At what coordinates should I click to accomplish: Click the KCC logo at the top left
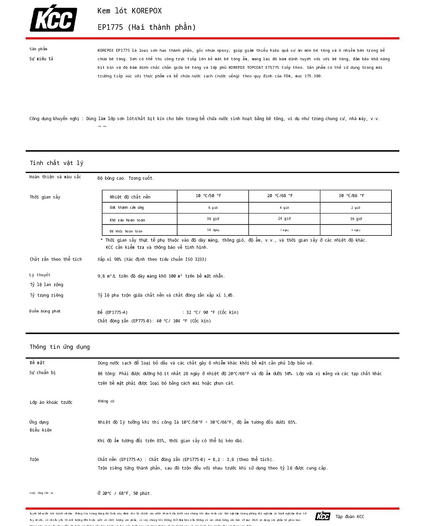point(53,19)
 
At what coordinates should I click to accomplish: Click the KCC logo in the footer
point(323,516)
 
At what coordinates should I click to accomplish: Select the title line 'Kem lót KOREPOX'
point(130,11)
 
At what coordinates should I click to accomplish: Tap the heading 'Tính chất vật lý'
point(57,163)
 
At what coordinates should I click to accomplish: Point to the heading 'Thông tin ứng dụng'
point(60,347)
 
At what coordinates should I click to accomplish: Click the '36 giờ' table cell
point(213,219)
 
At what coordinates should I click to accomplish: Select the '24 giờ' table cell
point(284,219)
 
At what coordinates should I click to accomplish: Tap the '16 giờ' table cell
point(355,219)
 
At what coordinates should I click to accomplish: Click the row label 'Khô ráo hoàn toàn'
point(127,220)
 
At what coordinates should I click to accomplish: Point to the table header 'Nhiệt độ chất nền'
point(130,197)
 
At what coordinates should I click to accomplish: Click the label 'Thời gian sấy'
point(45,197)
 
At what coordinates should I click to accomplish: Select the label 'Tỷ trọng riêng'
point(47,296)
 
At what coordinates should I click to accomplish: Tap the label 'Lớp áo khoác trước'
point(51,402)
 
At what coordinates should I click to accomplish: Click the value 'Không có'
point(106,401)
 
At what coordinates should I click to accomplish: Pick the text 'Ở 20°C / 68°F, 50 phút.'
point(125,493)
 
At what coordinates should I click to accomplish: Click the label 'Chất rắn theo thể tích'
point(56,260)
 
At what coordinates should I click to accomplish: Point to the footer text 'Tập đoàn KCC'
point(350,516)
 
